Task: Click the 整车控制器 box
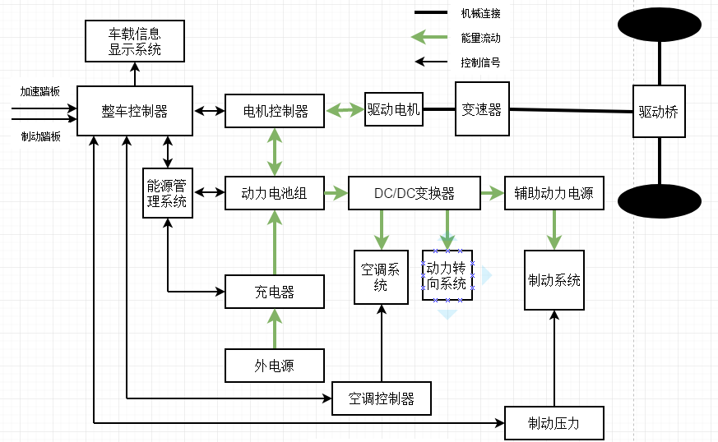pos(135,111)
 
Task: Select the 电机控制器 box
pos(275,111)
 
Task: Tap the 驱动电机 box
pos(393,109)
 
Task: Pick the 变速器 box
pos(482,109)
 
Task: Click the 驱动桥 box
pos(658,112)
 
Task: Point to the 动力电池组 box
pos(275,194)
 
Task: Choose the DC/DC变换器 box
pos(414,194)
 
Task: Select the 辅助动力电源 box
pos(554,194)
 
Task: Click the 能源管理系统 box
pos(167,193)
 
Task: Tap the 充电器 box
pos(275,292)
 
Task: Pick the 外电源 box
pos(275,366)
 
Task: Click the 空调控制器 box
pos(381,398)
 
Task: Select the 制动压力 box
pos(554,423)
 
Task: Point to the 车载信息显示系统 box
pos(135,41)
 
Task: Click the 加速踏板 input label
pos(40,91)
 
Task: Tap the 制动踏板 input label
pos(40,136)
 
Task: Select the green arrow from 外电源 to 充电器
pos(275,329)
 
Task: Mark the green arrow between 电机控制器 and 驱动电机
pos(345,109)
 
